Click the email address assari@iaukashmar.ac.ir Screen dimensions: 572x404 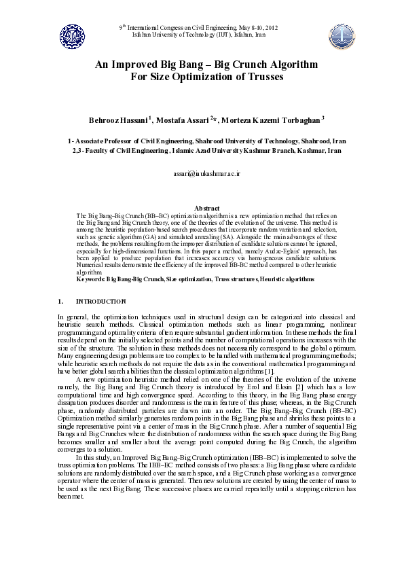pos(202,175)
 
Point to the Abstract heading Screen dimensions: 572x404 pos(206,208)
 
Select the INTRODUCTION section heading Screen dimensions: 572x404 pos(100,300)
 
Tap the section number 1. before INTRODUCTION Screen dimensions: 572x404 pos(60,300)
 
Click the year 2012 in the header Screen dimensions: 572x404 pos(270,27)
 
